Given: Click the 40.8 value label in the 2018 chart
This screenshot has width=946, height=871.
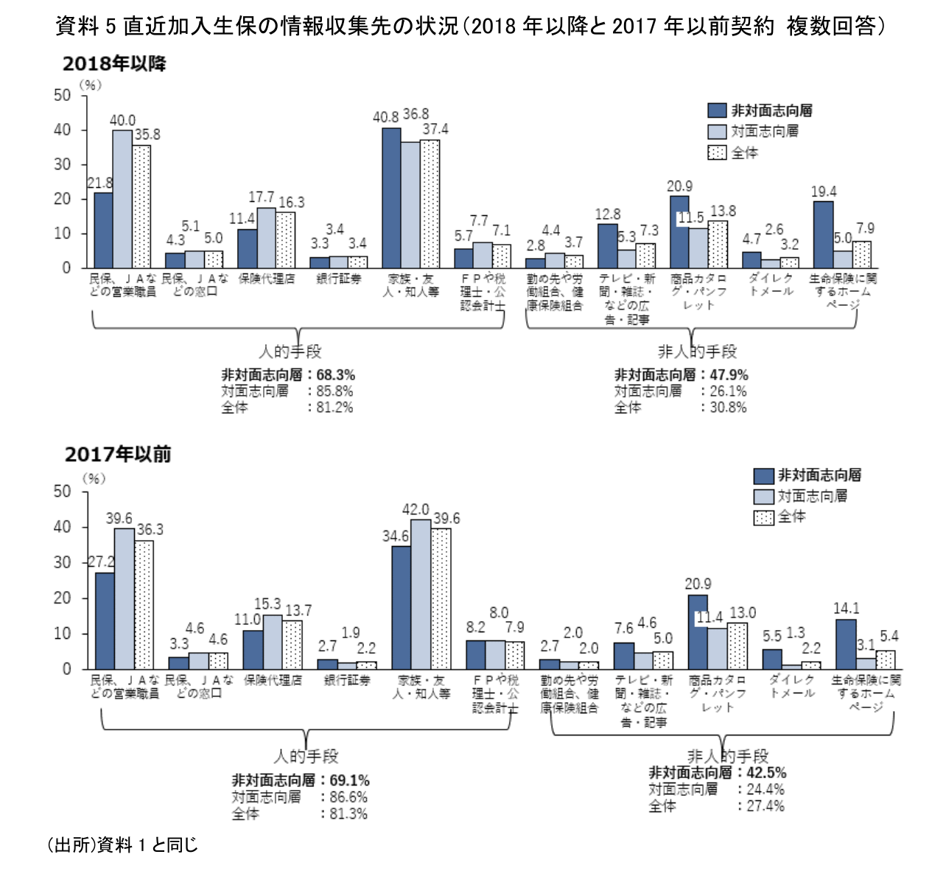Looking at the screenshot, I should [x=385, y=117].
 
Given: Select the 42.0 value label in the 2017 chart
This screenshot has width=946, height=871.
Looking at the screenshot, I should [x=416, y=510].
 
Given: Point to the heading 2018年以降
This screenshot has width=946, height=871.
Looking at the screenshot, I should [x=114, y=64].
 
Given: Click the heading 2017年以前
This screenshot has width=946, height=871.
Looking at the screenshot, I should [x=118, y=454].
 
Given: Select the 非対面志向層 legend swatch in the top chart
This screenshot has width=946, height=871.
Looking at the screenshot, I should [x=717, y=111].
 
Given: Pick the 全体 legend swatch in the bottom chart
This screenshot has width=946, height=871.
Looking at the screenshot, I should [x=763, y=517].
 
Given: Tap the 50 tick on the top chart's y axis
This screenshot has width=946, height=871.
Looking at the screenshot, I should [x=63, y=95].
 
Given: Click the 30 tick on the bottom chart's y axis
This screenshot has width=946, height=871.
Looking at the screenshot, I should [x=63, y=562].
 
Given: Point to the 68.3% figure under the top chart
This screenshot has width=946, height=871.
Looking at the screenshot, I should [x=336, y=375].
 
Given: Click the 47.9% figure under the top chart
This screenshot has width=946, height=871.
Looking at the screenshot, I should [x=729, y=375].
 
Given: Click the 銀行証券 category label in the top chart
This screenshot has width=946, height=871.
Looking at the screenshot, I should [x=339, y=279].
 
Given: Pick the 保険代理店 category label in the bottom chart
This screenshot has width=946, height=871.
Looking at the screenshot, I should [x=273, y=680].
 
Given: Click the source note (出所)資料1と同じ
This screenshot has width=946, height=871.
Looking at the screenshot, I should [x=122, y=844].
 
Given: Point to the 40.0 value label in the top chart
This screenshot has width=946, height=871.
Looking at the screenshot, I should [x=122, y=120].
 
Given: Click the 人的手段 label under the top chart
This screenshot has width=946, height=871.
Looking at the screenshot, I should [x=290, y=351].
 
